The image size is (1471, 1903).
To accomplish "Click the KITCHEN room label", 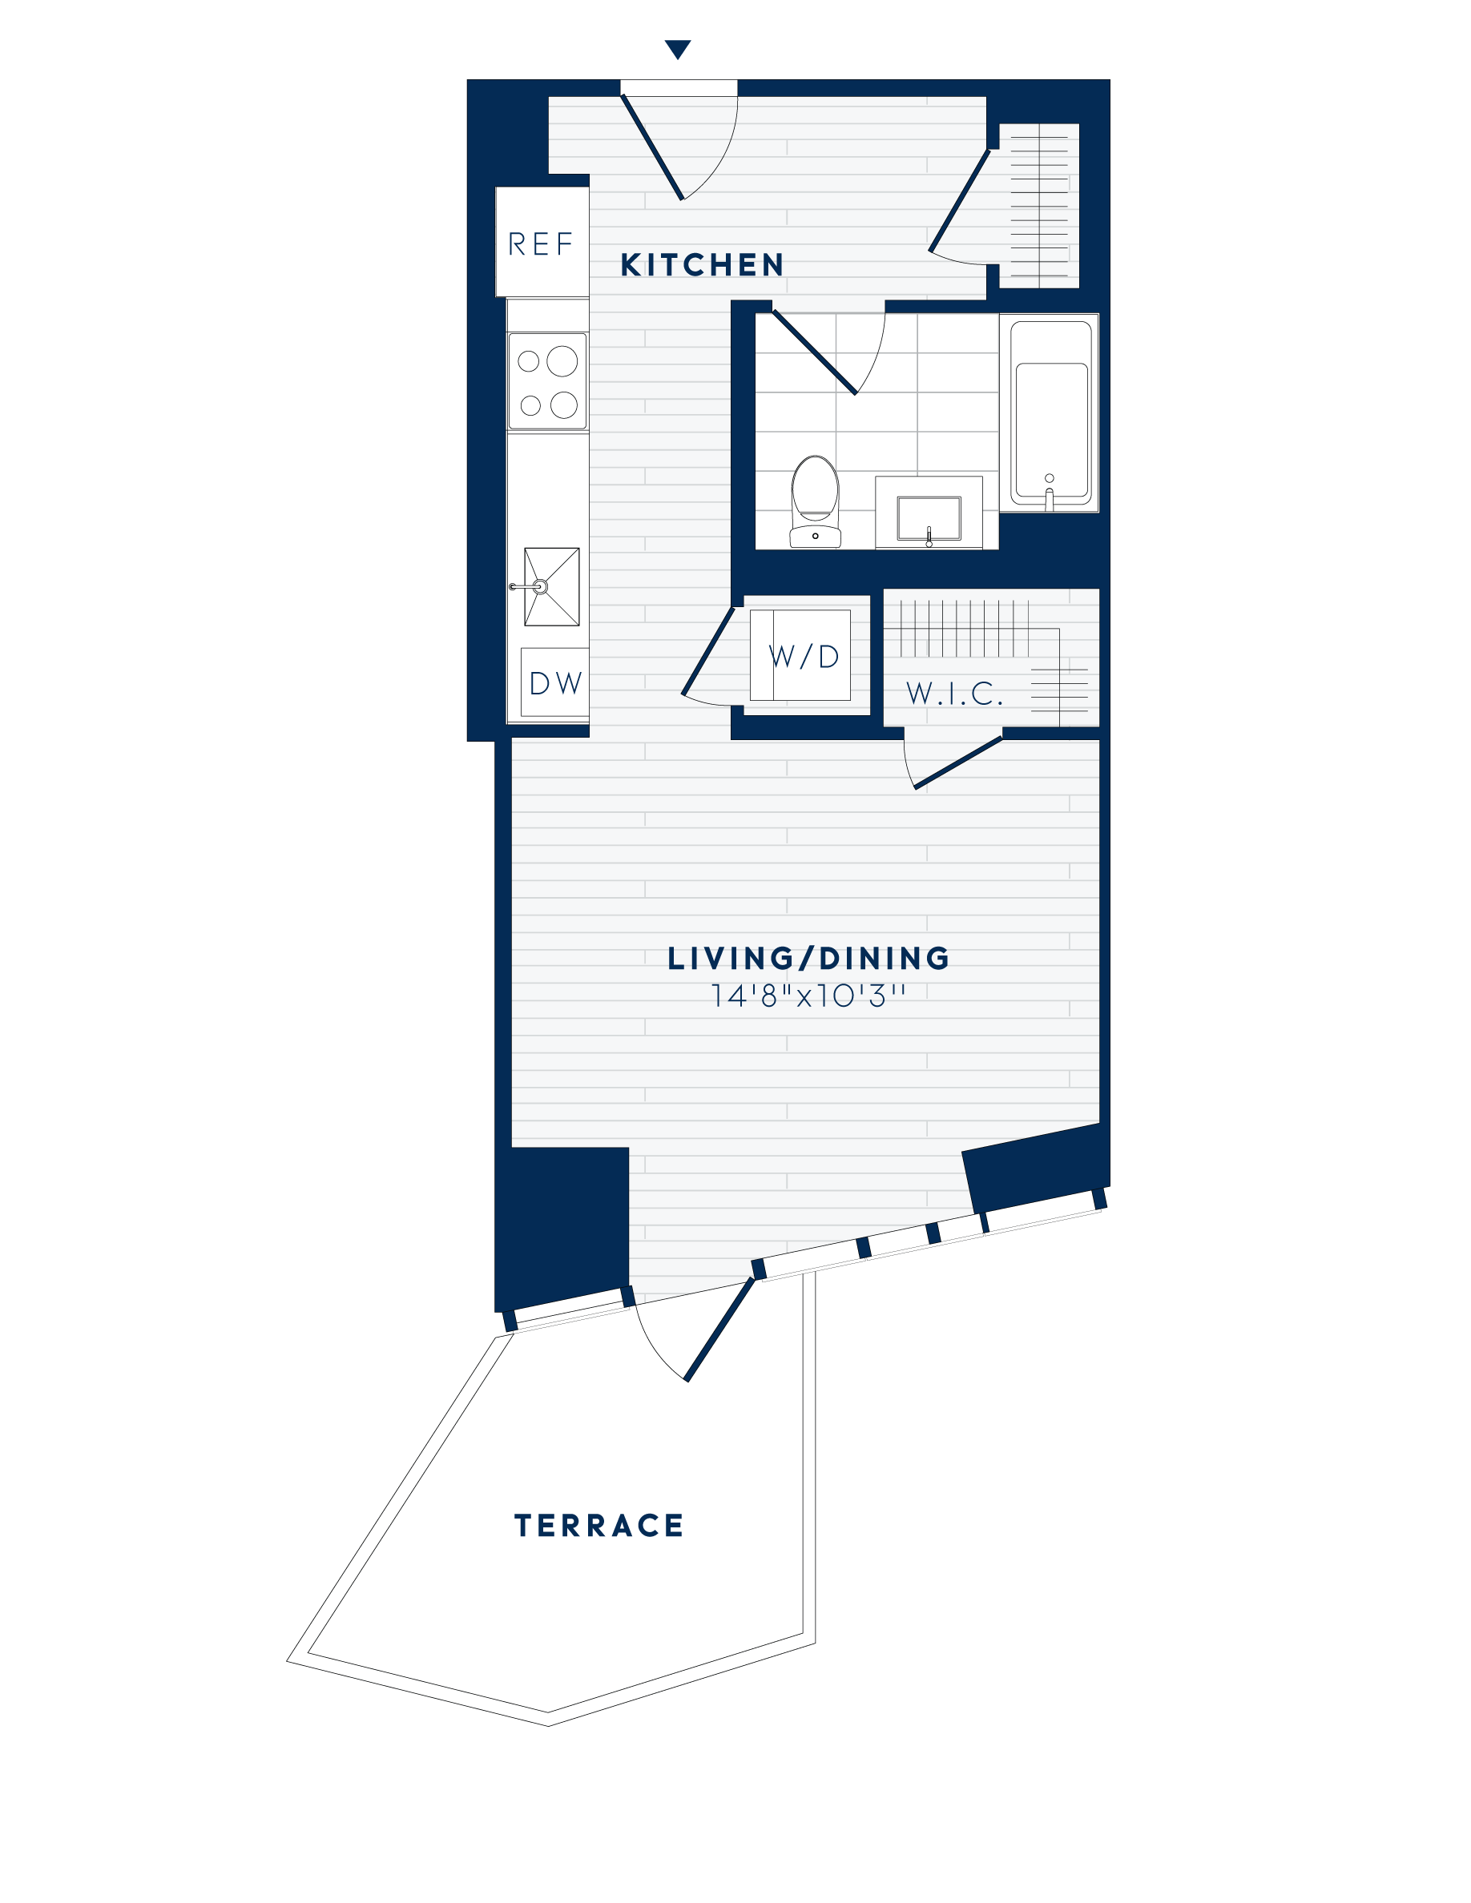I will [x=702, y=265].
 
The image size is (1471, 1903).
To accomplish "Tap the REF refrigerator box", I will [x=541, y=243].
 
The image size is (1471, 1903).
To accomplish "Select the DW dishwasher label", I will [x=555, y=684].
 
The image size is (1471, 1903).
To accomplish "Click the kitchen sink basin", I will [x=550, y=586].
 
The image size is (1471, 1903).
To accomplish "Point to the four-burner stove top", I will [x=547, y=382].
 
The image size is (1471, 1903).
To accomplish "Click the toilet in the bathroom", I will [x=815, y=503].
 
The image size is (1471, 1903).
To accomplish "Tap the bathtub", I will [x=1050, y=414].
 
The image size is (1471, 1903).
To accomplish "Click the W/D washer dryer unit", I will [x=803, y=656].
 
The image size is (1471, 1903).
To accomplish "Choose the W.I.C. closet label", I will [x=955, y=694].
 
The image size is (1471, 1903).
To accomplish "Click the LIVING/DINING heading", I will [x=808, y=959].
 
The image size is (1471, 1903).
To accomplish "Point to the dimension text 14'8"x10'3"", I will [x=808, y=996].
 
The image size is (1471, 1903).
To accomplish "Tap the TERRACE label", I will [x=598, y=1526].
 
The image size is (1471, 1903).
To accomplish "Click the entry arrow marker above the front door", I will [x=677, y=49].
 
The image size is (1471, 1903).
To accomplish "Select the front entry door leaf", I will [x=652, y=147].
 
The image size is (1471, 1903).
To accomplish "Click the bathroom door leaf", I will [x=814, y=352].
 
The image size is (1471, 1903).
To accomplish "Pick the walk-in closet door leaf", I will [x=957, y=762].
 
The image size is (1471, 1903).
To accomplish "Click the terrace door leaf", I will [x=719, y=1330].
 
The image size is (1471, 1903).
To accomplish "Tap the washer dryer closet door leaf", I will [x=707, y=651].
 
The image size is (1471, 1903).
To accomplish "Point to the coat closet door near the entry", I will [x=960, y=200].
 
